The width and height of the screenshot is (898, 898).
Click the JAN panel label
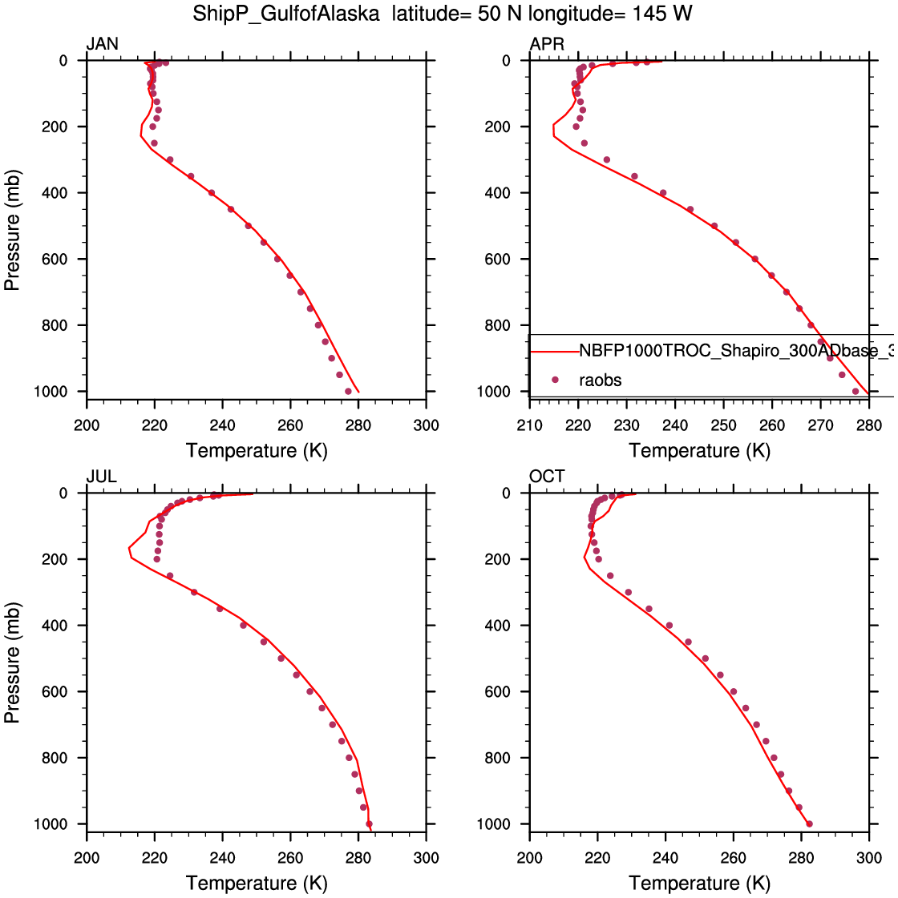coord(103,44)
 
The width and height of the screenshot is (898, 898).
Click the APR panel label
coord(547,44)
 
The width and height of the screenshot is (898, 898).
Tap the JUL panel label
coord(102,477)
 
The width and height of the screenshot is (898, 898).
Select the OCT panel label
coord(547,477)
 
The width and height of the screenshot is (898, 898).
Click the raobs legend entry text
coord(601,381)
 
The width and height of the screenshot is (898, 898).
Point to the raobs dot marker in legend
coord(555,380)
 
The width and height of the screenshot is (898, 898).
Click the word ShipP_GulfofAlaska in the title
coord(286,14)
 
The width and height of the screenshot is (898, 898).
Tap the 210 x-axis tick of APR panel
coord(530,425)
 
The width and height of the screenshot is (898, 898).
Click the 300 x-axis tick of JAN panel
coord(427,425)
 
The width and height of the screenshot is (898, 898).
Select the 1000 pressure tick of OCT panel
coord(495,824)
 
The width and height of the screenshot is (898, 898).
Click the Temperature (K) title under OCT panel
coord(700,883)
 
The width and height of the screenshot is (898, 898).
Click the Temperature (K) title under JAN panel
coord(257,450)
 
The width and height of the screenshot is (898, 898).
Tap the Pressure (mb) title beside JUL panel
coord(12,662)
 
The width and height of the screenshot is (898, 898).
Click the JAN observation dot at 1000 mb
coord(348,391)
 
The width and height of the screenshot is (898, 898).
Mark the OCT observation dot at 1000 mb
coord(809,824)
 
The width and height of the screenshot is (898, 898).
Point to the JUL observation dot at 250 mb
coord(170,575)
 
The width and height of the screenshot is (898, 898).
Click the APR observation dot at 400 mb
coord(663,192)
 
